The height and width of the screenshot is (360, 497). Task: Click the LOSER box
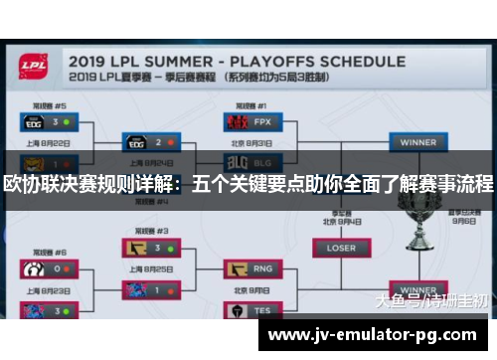pos(341,247)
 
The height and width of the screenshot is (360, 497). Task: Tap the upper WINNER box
pos(417,142)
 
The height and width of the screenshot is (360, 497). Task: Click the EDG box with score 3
pos(48,121)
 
